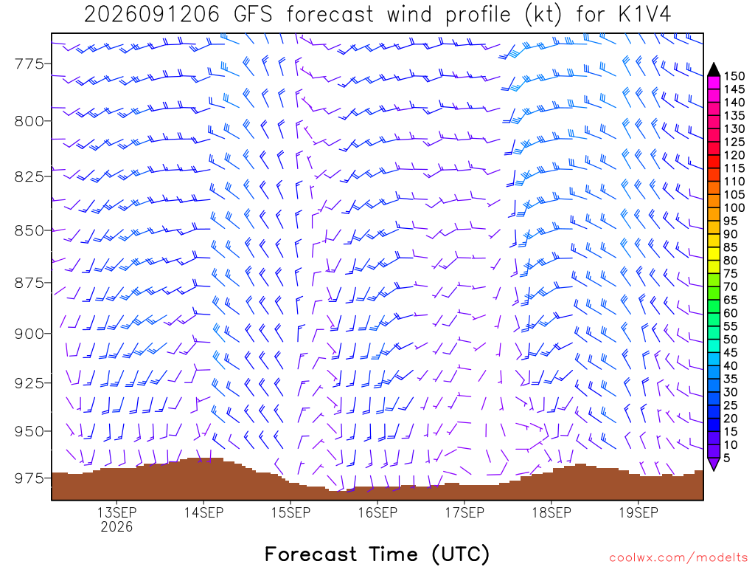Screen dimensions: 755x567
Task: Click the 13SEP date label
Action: coord(117,512)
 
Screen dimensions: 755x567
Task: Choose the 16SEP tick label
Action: coord(378,512)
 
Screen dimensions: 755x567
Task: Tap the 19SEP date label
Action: coord(639,512)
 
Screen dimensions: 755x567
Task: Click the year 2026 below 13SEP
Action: coord(117,526)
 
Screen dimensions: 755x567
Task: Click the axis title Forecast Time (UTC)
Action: coord(377,554)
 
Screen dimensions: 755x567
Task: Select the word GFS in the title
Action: coord(253,15)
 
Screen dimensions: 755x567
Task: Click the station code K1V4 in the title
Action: coord(644,15)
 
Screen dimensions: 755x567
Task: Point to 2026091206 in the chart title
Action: coord(152,15)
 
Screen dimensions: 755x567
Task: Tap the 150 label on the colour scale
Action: coord(734,76)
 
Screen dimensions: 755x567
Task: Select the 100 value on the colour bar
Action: coord(734,207)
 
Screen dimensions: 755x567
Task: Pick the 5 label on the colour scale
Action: coord(727,458)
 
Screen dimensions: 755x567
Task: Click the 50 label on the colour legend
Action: coord(731,340)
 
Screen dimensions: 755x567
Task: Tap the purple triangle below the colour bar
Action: coord(714,464)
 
